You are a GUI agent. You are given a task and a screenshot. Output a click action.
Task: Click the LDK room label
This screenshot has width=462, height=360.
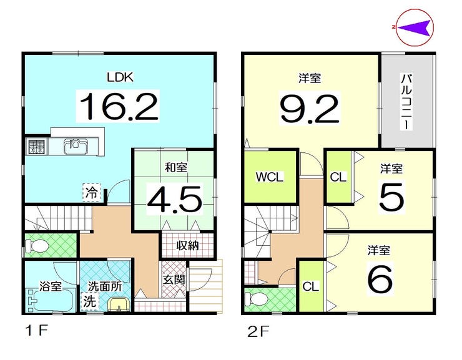[120, 77]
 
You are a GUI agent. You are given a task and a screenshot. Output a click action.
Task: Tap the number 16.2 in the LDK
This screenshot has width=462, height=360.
[119, 106]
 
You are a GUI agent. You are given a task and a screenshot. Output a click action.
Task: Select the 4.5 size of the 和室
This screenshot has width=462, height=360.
[175, 199]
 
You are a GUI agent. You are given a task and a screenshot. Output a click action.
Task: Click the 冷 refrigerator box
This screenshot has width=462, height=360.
[92, 192]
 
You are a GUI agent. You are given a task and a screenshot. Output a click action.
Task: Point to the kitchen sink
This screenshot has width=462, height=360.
[76, 146]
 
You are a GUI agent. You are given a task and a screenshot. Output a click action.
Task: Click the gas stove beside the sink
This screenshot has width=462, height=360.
[37, 147]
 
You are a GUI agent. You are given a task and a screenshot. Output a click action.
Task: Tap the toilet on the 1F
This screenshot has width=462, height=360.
[37, 245]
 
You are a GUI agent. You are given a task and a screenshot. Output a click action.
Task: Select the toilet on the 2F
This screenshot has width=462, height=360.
[257, 299]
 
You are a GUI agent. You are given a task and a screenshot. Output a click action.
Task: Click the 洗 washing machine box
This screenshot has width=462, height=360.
[89, 301]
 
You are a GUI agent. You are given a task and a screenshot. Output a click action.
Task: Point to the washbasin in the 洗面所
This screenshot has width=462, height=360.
[119, 304]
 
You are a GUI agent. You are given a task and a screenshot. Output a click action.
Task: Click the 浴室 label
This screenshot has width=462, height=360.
[51, 286]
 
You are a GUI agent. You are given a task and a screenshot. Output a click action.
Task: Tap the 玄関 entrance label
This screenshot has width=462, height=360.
[174, 280]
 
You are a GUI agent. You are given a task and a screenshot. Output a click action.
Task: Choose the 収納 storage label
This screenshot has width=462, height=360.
[187, 245]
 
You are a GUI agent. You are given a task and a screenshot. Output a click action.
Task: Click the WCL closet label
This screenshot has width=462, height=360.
[270, 177]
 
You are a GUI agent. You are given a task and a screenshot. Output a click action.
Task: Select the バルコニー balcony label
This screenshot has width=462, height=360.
[406, 102]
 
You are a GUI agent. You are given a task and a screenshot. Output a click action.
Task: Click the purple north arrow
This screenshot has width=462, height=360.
[416, 27]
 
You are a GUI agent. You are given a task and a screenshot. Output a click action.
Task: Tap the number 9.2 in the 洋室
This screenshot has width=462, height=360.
[310, 109]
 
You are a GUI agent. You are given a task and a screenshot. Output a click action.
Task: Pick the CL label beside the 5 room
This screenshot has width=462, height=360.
[338, 177]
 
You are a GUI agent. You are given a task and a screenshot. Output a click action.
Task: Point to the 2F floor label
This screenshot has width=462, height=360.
[258, 333]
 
